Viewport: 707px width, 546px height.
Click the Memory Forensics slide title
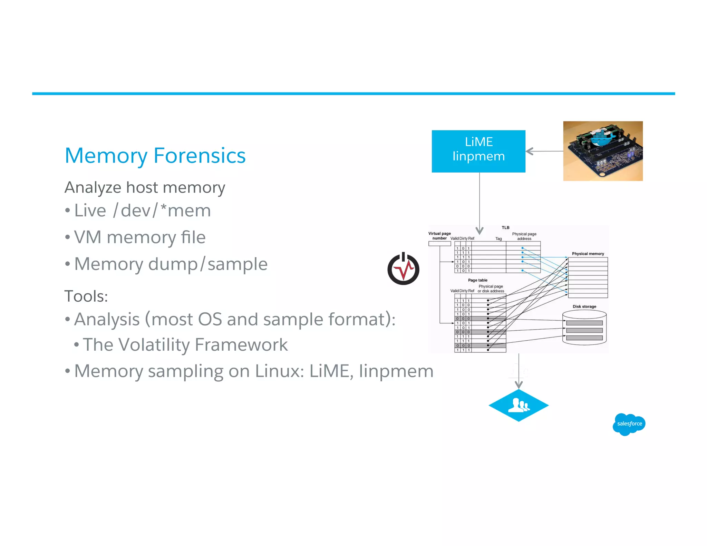(x=155, y=156)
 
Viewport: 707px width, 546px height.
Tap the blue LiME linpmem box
(x=478, y=151)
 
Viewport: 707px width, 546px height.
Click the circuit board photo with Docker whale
(x=603, y=151)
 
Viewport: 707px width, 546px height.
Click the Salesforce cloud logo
(x=629, y=424)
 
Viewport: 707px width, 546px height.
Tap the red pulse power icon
(x=403, y=269)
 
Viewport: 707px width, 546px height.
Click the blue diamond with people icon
(x=519, y=406)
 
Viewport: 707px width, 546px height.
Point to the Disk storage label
(x=584, y=306)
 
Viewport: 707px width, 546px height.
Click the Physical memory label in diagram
(x=588, y=254)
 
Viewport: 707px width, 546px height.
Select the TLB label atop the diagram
(x=505, y=227)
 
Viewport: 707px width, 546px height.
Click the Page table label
(x=477, y=280)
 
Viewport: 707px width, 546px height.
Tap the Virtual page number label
(x=439, y=236)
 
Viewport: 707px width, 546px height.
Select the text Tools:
(x=86, y=296)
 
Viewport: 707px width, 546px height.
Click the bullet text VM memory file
(x=140, y=237)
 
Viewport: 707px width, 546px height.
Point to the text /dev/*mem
(x=162, y=211)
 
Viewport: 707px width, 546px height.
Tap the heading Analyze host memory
(x=145, y=188)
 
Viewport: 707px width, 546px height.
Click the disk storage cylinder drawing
(x=584, y=328)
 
